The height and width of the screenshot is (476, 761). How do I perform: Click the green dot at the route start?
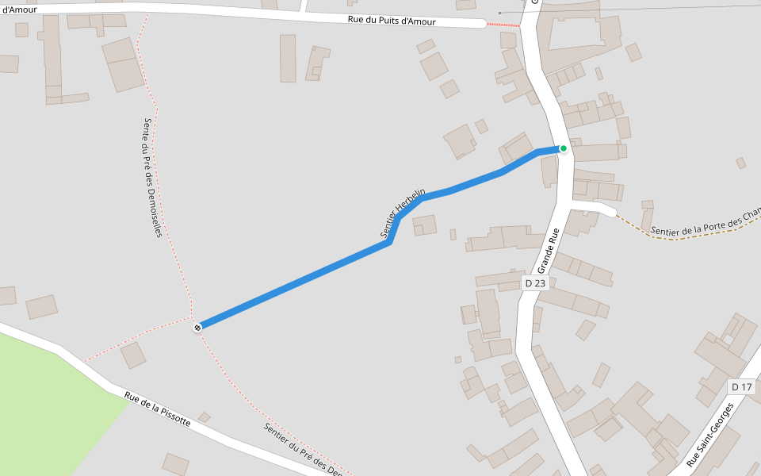point(563,148)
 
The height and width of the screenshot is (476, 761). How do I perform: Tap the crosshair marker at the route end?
point(197,327)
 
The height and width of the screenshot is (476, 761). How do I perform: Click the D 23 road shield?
point(535,283)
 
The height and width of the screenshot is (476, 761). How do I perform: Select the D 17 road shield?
point(741,387)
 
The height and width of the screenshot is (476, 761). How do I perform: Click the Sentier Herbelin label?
point(403,213)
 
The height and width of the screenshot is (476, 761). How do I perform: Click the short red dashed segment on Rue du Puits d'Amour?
point(503,25)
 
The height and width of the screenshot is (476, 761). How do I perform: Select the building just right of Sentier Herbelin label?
point(425,225)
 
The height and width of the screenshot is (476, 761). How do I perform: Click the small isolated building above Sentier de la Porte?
point(740,163)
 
